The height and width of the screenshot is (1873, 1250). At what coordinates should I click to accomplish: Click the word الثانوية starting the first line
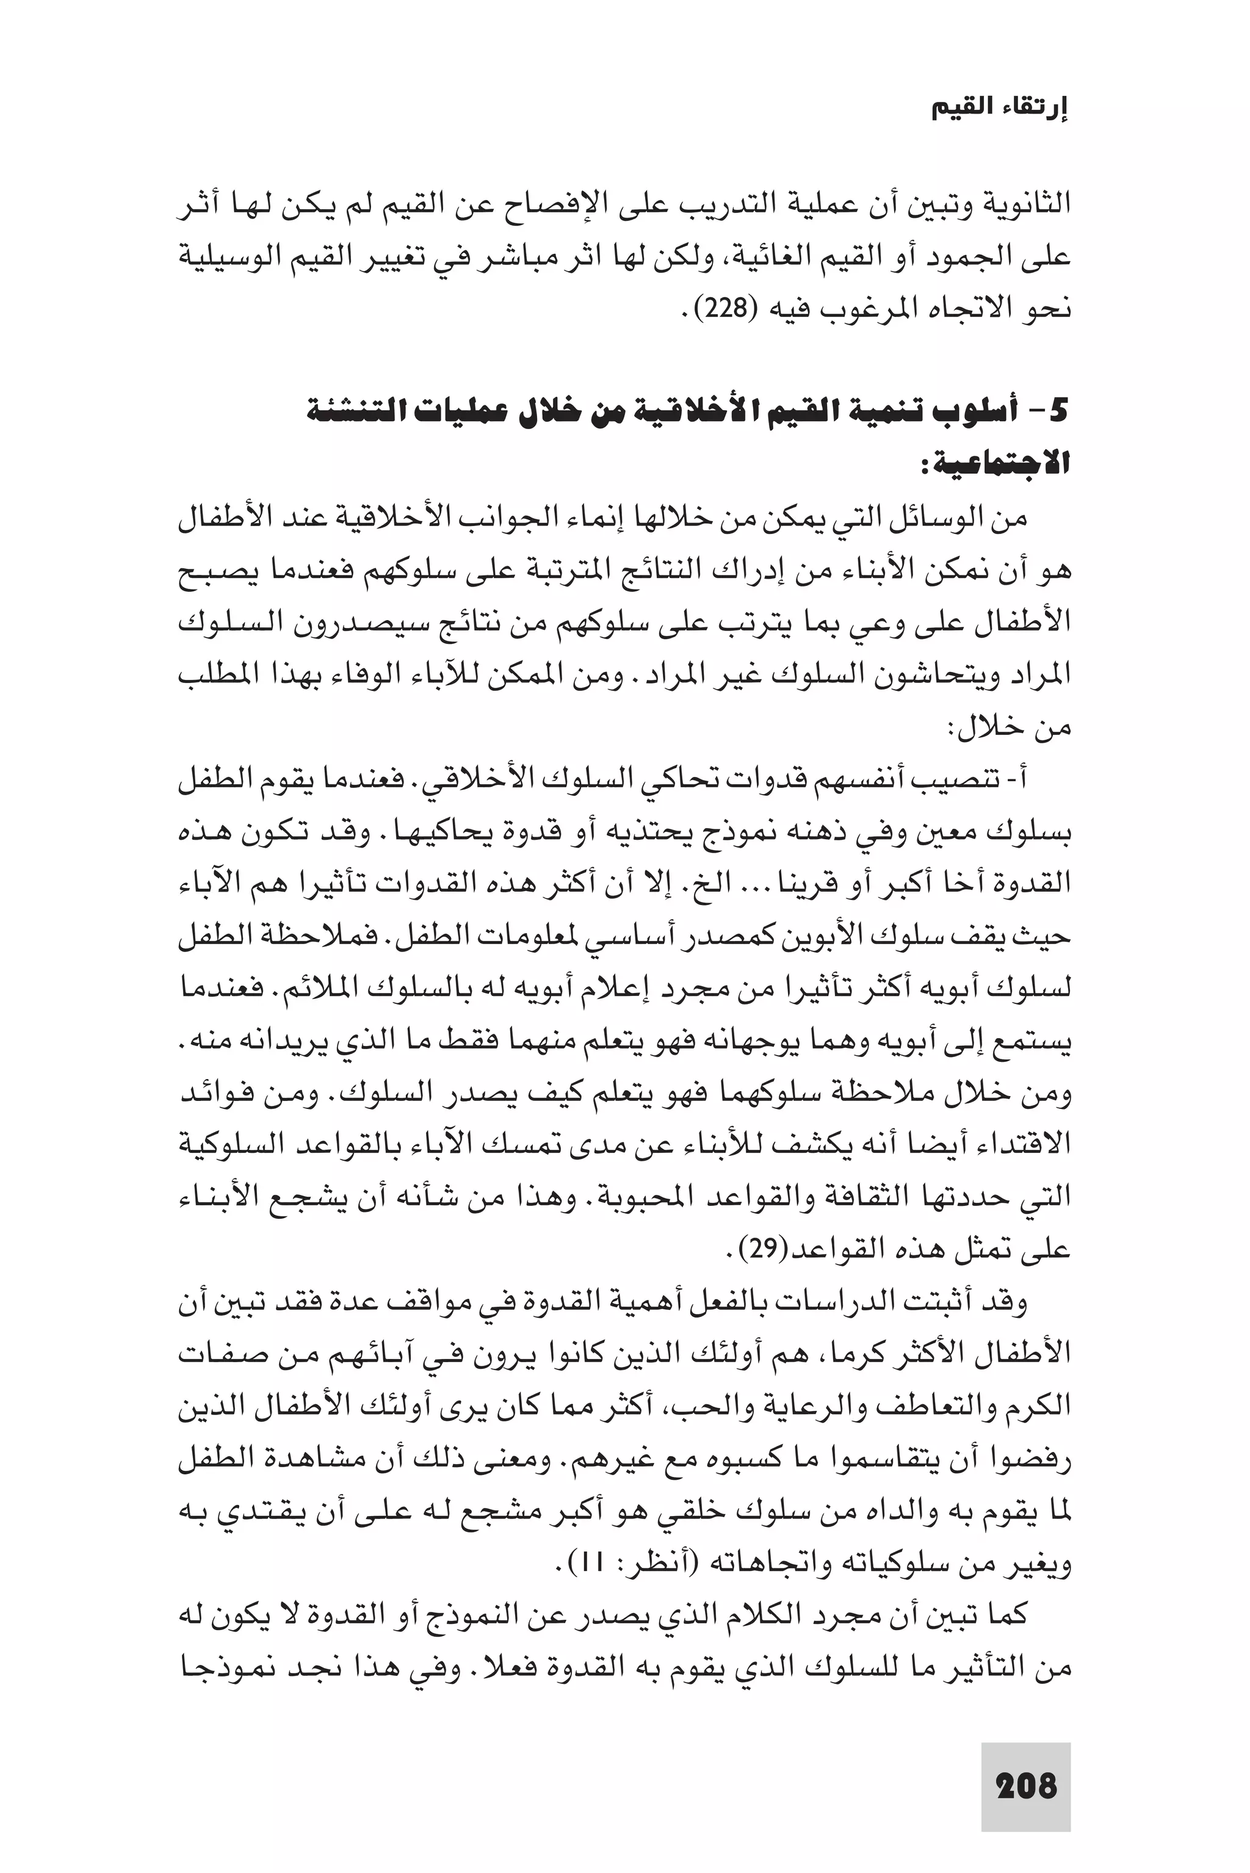(1024, 206)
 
